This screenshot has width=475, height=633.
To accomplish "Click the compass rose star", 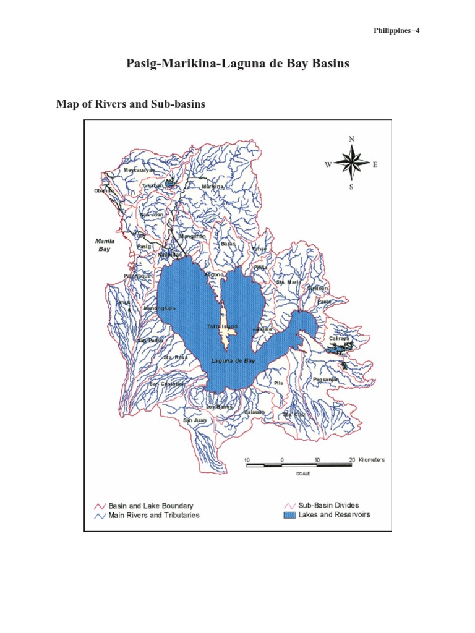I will point(351,164).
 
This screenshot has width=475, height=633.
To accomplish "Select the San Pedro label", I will point(150,341).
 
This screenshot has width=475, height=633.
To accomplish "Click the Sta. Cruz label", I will point(294,414).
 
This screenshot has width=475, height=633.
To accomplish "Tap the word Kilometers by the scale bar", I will point(371,460).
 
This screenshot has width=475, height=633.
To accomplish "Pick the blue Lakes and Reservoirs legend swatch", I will point(288,515).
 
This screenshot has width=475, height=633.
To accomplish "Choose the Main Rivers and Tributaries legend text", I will point(154,515).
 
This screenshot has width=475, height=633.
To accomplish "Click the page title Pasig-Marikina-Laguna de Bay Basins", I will point(238,64).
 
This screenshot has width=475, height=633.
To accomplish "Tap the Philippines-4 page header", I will point(397,31).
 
